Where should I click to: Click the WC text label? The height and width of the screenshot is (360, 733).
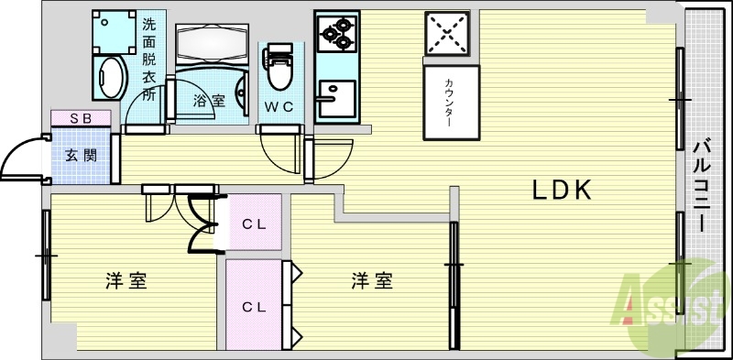coord(279,106)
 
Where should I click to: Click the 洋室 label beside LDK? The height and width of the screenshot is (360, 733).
coord(372,281)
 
